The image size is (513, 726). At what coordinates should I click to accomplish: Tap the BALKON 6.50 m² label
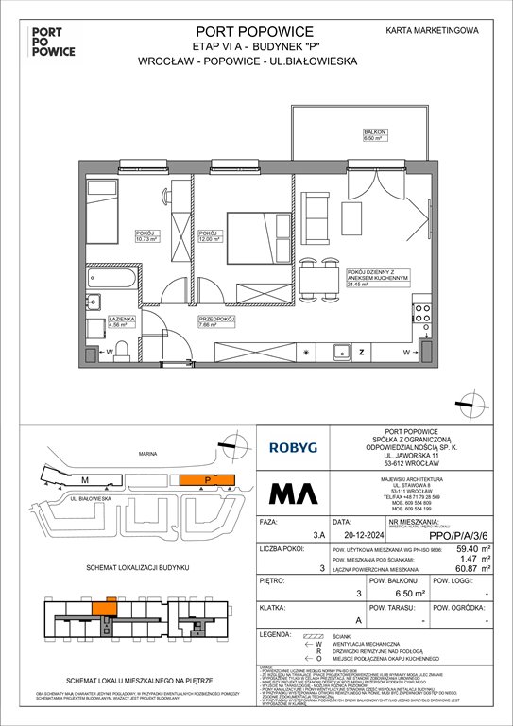coord(374,135)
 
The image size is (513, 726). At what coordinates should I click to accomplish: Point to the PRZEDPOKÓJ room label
coord(215,321)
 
